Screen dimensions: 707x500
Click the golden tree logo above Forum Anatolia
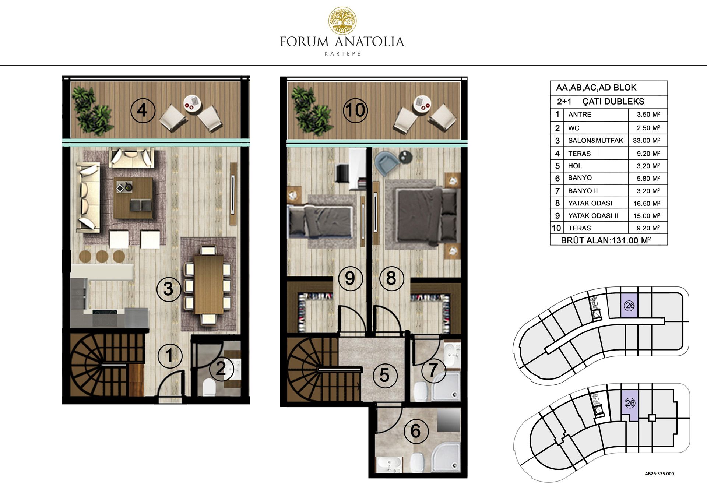click(x=342, y=21)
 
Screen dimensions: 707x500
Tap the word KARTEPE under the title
click(x=342, y=54)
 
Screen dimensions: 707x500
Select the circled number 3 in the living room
click(x=168, y=289)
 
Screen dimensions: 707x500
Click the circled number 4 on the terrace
click(x=143, y=110)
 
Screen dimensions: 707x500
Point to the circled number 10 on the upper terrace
click(x=355, y=110)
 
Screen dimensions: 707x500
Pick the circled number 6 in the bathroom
click(x=416, y=431)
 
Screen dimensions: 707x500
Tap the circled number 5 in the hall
click(x=384, y=375)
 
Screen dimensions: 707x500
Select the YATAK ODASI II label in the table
click(x=593, y=216)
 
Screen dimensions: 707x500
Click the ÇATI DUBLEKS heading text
click(x=613, y=101)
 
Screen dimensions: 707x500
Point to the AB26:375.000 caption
click(x=659, y=474)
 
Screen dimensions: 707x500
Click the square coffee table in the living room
click(x=133, y=198)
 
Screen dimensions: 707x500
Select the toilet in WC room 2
click(x=209, y=387)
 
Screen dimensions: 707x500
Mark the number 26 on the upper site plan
click(x=630, y=305)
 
